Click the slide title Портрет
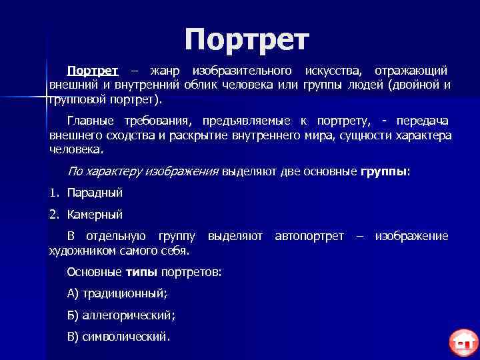[247, 40]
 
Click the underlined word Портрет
[93, 71]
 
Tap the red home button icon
[464, 343]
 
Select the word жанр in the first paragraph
[165, 71]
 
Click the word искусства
[332, 71]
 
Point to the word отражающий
[411, 71]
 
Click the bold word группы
[383, 171]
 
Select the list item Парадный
[95, 193]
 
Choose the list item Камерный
[95, 215]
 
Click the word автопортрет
[309, 236]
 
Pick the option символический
[125, 336]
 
